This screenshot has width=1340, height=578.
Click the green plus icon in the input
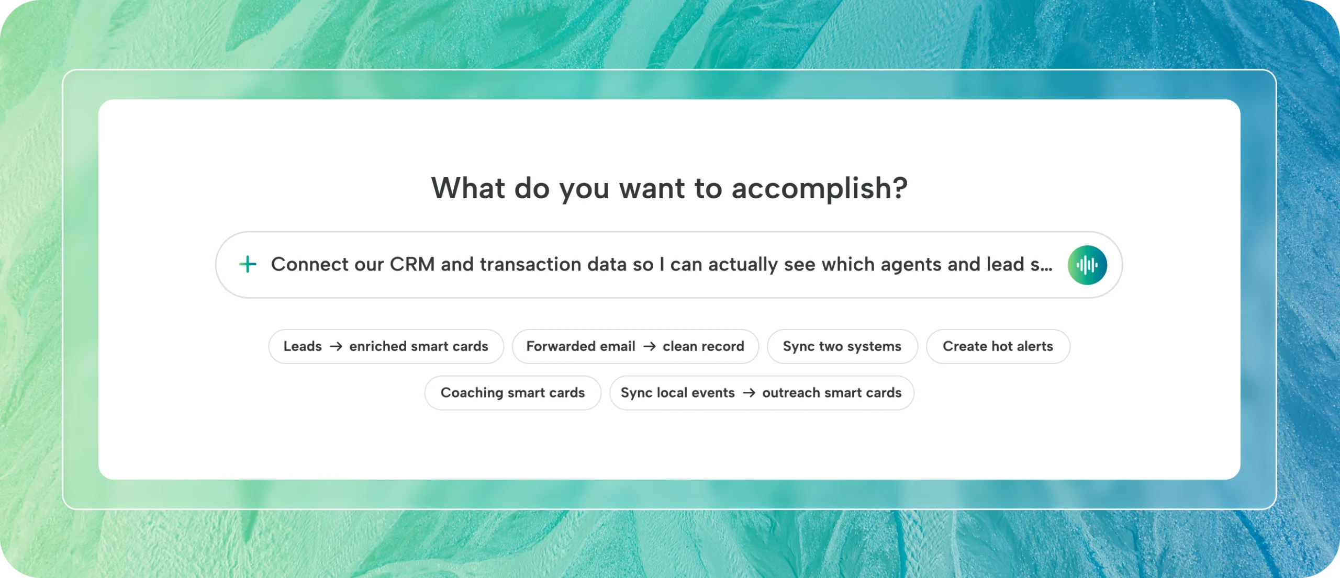click(x=248, y=264)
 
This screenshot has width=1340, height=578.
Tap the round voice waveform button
click(x=1087, y=265)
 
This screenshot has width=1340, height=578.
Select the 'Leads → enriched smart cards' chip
click(x=386, y=346)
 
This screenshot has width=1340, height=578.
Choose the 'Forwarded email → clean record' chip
click(x=635, y=346)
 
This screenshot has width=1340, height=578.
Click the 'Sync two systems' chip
click(x=842, y=346)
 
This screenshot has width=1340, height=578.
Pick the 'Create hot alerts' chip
click(x=998, y=346)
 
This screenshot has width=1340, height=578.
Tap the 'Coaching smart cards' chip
click(x=512, y=393)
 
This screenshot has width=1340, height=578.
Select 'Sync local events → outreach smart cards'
click(x=762, y=393)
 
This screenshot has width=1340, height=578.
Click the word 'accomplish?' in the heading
click(x=820, y=189)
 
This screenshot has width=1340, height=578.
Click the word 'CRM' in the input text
click(x=412, y=264)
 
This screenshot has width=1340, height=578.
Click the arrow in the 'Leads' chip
click(x=336, y=346)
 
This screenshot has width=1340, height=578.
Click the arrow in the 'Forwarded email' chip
click(x=650, y=346)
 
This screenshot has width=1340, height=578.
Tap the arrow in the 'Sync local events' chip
click(x=749, y=393)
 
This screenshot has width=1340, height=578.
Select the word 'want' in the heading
click(x=652, y=189)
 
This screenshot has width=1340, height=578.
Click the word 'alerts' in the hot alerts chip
click(x=1035, y=346)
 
